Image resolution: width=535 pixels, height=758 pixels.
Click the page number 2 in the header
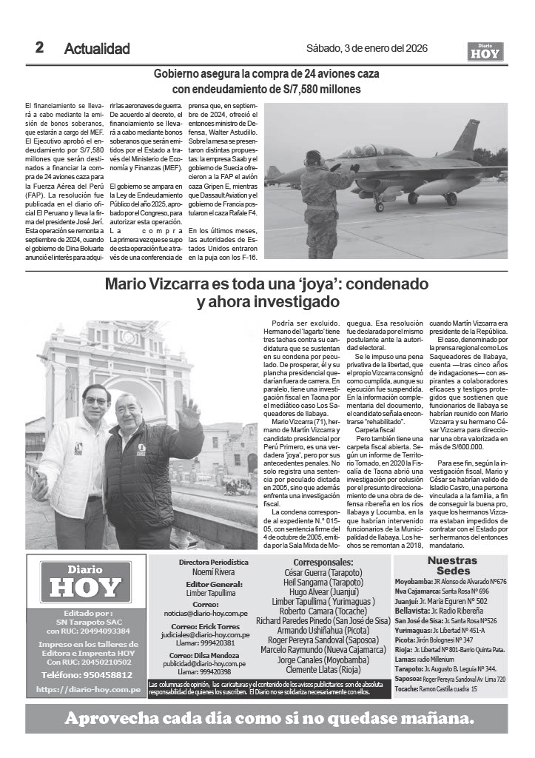[38, 48]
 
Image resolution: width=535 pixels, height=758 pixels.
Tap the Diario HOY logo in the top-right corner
[485, 51]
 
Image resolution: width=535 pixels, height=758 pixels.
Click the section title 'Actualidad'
[97, 49]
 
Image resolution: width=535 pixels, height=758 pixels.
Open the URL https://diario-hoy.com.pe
[88, 690]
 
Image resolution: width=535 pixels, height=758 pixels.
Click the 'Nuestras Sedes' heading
[452, 566]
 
